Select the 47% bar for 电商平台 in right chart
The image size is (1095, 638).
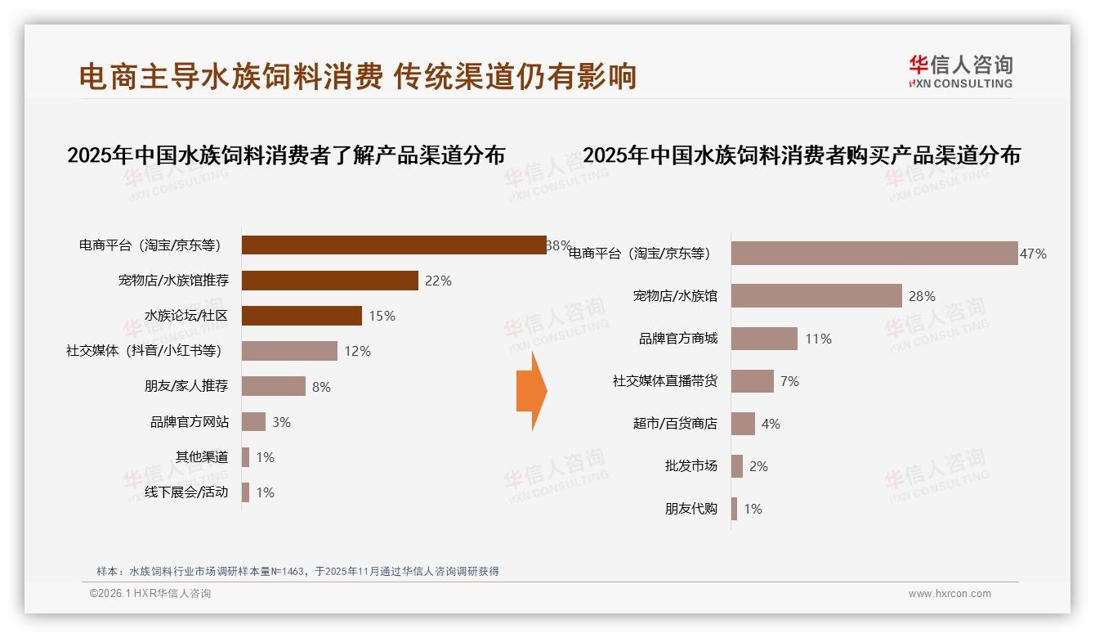point(874,254)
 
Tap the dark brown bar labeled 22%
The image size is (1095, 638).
point(330,281)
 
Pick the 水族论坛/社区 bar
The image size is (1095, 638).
point(302,316)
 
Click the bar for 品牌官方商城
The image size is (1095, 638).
point(764,339)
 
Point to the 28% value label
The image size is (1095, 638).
point(922,296)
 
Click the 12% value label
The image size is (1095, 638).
point(357,351)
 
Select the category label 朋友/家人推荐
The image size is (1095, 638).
point(186,386)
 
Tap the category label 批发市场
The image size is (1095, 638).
point(691,466)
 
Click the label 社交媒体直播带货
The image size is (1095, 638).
point(665,381)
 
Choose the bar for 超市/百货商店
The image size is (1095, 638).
point(743,424)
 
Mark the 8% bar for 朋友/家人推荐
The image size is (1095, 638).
point(273,386)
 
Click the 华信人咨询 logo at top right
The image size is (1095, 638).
point(960,71)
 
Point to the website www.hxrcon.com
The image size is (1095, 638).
point(950,594)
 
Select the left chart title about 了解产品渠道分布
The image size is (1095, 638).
point(286,155)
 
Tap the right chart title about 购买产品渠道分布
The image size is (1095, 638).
point(802,155)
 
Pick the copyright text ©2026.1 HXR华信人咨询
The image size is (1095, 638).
point(150,594)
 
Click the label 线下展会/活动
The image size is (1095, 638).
point(186,492)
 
